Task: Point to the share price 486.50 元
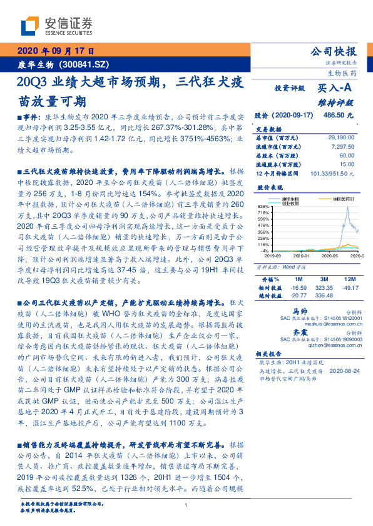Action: (x=338, y=116)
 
